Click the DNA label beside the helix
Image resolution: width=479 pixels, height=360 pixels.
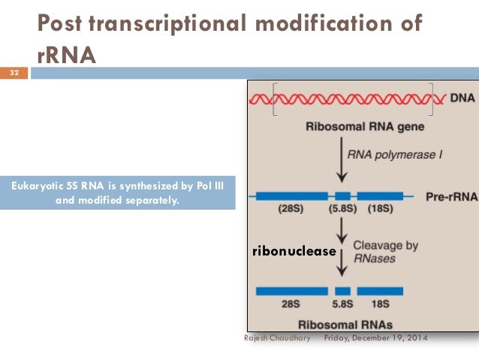click(461, 98)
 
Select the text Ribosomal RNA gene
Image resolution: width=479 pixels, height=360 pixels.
click(354, 127)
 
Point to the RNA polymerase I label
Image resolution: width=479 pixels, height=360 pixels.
click(386, 156)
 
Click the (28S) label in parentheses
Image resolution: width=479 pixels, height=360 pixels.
click(290, 210)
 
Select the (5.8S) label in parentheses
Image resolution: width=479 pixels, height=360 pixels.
click(342, 210)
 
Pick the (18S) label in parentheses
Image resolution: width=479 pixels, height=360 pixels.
click(381, 210)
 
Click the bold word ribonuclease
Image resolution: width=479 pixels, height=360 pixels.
click(294, 251)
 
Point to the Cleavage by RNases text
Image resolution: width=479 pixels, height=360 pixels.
click(386, 252)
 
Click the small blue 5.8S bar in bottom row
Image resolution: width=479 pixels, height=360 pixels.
click(343, 290)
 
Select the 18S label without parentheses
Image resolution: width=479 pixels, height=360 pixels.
click(380, 304)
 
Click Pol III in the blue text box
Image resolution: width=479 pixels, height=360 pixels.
click(215, 186)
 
